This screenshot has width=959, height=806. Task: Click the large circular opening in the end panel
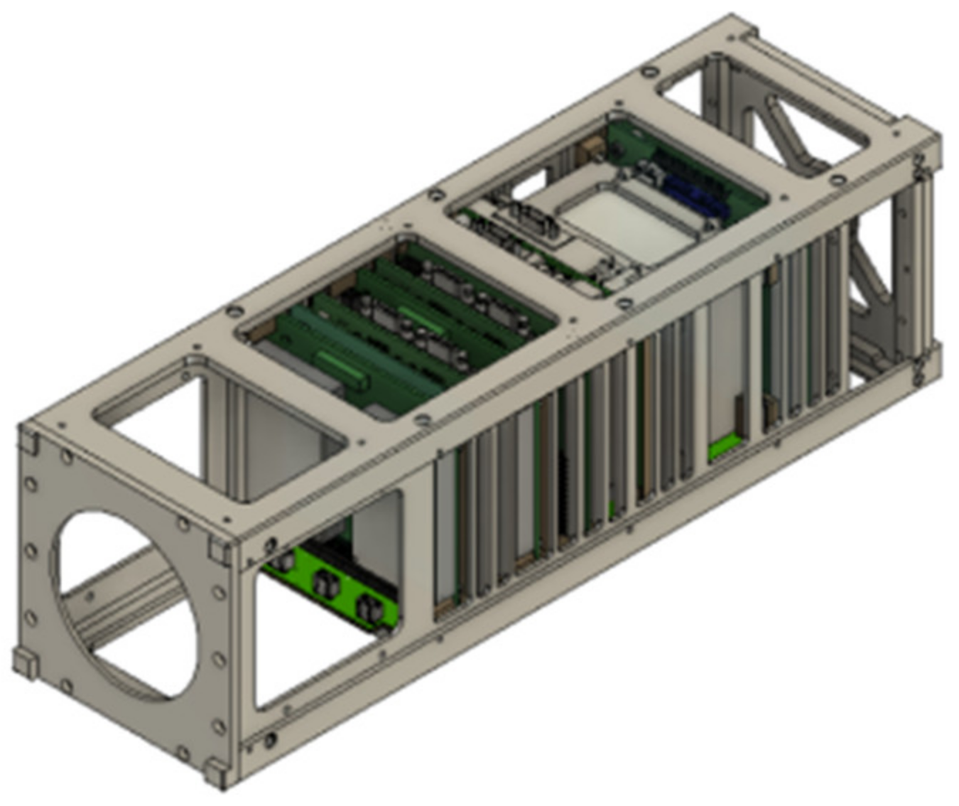coord(124,604)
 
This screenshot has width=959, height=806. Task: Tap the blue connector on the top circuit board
coord(693,192)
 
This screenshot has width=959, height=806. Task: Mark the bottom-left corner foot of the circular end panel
coord(24,663)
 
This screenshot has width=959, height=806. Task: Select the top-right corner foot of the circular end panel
coord(219,547)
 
